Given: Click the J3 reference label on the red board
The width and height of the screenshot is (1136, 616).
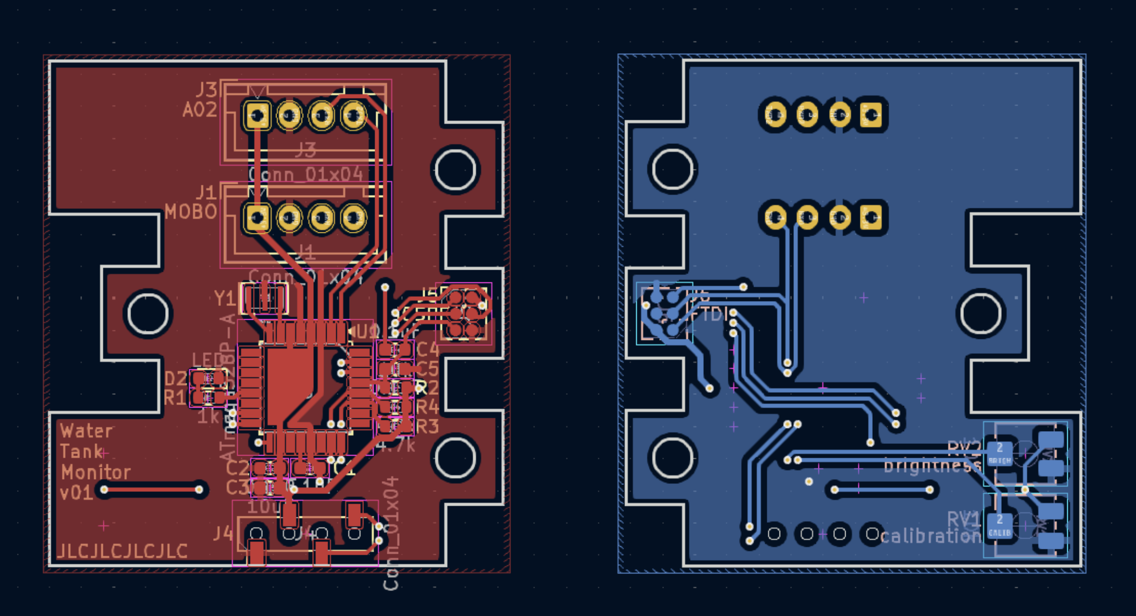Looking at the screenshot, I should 207,89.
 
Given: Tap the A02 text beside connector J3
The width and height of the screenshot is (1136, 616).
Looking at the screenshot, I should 200,110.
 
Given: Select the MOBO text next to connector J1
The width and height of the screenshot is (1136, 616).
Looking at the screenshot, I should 191,212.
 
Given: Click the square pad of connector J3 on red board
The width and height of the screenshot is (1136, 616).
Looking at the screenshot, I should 257,115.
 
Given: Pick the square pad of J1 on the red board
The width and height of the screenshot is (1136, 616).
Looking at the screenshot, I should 257,217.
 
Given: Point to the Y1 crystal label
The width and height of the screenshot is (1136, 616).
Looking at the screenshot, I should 224,298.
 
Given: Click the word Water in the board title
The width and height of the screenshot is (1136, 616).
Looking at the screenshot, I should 86,431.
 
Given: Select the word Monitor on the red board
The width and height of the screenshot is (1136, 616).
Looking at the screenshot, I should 95,472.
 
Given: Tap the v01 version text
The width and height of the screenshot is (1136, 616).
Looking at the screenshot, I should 76,492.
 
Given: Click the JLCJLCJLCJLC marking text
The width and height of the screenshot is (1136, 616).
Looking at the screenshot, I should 122,551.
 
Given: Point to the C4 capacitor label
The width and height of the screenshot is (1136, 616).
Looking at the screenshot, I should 427,350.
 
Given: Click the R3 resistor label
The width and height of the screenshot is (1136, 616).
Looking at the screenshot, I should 427,426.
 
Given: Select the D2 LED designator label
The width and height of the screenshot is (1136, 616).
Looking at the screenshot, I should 175,378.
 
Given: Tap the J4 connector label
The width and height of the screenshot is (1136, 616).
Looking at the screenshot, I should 223,533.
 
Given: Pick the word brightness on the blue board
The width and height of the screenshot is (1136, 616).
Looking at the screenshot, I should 932,466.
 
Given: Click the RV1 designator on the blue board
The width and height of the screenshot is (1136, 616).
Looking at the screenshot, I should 963,518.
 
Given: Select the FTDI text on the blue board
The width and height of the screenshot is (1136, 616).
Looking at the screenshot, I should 709,315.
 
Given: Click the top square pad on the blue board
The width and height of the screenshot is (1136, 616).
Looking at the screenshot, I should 872,115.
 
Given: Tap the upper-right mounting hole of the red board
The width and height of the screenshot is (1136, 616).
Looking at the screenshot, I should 455,169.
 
